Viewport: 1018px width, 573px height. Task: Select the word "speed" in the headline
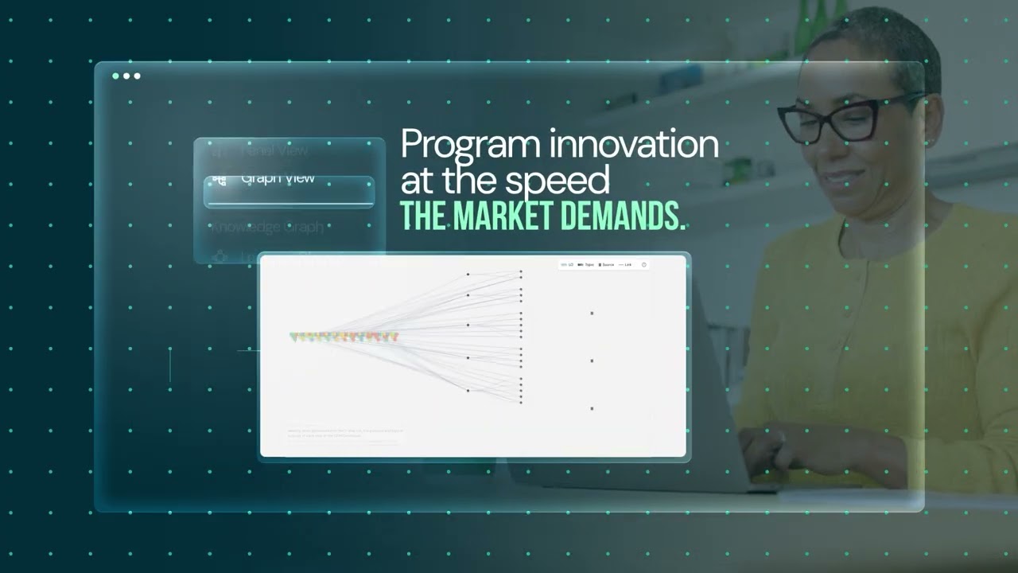point(570,181)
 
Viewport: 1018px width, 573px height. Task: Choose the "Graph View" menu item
point(278,178)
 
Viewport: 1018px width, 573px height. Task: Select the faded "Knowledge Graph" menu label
point(266,227)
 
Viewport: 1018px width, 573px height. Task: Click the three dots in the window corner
point(126,76)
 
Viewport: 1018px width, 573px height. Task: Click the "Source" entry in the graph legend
point(606,264)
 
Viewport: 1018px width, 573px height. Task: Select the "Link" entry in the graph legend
point(626,264)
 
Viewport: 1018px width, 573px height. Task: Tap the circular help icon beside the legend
point(643,264)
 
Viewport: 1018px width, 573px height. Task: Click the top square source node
point(592,314)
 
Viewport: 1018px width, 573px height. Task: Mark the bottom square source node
point(592,408)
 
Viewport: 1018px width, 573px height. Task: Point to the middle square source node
point(592,361)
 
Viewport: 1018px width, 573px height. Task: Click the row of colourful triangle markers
point(344,337)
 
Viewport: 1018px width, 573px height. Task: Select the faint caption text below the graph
point(345,433)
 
